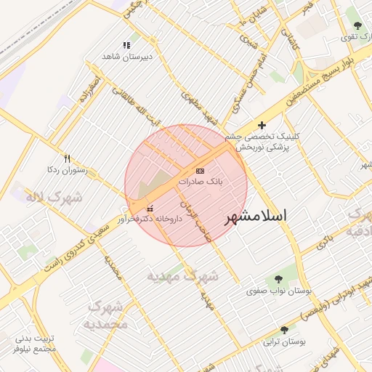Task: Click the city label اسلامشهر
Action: point(255,217)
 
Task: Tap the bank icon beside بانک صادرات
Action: point(201,170)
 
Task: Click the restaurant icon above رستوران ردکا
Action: point(67,158)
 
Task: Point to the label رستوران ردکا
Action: point(67,170)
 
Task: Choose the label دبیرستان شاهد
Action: point(119,57)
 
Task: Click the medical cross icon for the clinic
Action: point(262,126)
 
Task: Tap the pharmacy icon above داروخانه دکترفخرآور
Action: point(150,209)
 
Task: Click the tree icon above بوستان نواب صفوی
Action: point(277,278)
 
